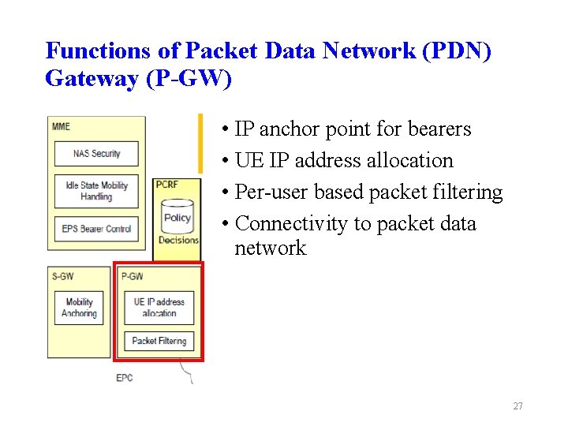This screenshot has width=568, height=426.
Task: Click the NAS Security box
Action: pyautogui.click(x=96, y=154)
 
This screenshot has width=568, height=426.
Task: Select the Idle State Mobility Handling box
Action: pyautogui.click(x=96, y=192)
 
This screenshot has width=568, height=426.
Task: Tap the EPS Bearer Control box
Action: pyautogui.click(x=96, y=229)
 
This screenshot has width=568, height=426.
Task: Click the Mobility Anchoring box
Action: pyautogui.click(x=79, y=308)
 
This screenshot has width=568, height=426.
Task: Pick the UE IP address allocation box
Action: pyautogui.click(x=159, y=308)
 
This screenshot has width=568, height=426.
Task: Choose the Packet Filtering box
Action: pyautogui.click(x=159, y=341)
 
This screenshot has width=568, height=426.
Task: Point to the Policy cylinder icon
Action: pyautogui.click(x=177, y=217)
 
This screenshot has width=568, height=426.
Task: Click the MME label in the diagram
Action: pyautogui.click(x=61, y=126)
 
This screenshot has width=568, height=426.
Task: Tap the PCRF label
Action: pyautogui.click(x=167, y=185)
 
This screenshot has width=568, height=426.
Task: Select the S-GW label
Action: pyautogui.click(x=62, y=276)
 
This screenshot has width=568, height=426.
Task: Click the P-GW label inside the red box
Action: pyautogui.click(x=132, y=276)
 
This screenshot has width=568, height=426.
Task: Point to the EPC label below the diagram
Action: pyautogui.click(x=125, y=378)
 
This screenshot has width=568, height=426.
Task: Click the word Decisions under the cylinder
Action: pyautogui.click(x=178, y=240)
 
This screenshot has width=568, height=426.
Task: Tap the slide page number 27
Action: pyautogui.click(x=518, y=406)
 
